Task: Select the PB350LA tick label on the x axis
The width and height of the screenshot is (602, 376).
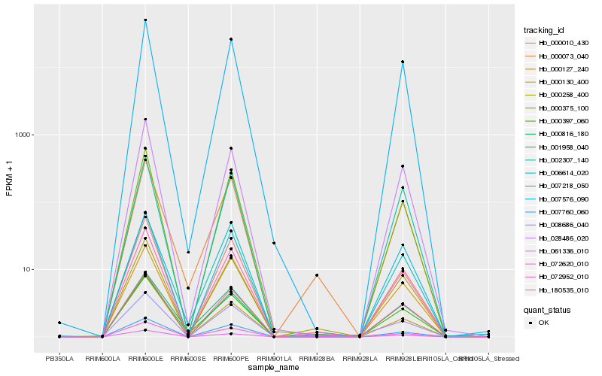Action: point(59,358)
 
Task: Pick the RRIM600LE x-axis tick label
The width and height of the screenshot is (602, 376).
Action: point(145,358)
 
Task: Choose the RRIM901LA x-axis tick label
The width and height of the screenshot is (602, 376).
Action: point(274,358)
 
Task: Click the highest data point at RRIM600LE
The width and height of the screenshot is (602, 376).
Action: point(145,20)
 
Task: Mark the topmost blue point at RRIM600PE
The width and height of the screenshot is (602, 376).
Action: point(231,39)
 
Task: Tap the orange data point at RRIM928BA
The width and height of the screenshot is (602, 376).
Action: point(317,275)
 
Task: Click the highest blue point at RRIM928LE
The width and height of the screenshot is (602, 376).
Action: point(403,62)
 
